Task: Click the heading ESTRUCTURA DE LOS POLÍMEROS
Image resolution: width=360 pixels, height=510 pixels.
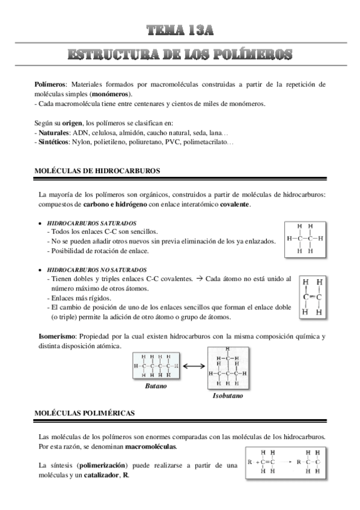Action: point(180,55)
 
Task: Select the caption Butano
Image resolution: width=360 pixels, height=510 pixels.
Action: point(156,386)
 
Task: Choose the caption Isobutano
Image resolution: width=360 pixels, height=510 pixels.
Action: point(228,397)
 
